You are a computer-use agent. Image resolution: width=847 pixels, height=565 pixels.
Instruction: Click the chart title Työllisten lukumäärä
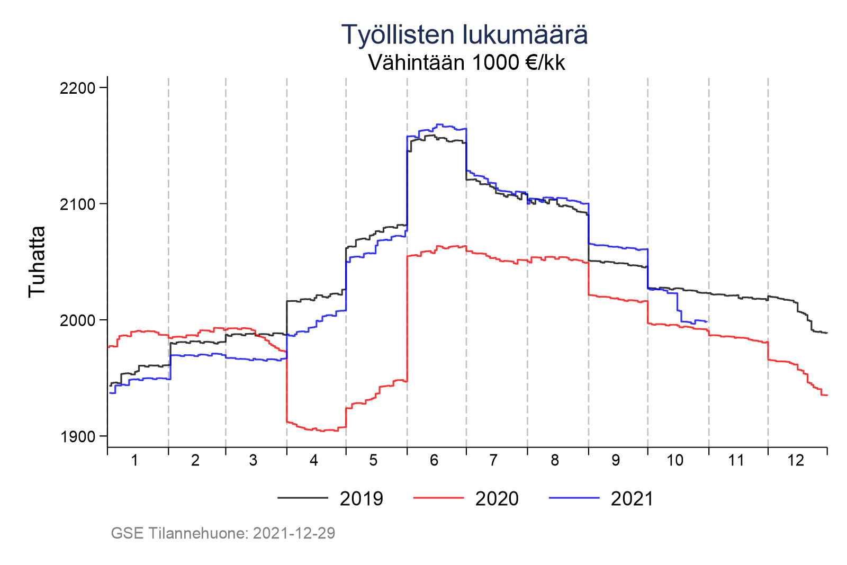point(464,35)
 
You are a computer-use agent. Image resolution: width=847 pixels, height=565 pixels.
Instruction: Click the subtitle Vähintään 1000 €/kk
point(466,63)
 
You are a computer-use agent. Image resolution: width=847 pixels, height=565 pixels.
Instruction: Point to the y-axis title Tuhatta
point(37,262)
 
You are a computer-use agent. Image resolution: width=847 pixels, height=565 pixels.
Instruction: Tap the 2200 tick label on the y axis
point(77,88)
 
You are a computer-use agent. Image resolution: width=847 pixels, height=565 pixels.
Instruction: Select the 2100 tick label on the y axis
point(77,204)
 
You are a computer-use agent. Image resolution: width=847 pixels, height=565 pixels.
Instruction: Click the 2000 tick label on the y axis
point(77,320)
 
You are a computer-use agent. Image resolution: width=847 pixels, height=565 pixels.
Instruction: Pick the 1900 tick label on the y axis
point(77,437)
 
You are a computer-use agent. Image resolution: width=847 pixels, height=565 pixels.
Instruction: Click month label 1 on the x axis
point(134,461)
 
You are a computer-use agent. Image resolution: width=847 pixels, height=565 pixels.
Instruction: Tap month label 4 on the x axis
point(314,461)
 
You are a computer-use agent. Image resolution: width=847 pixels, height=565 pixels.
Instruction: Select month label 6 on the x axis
point(434,461)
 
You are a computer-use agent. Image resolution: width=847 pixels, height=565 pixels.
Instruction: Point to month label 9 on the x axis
point(615,461)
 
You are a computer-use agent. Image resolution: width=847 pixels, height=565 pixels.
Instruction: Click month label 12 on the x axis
point(795,461)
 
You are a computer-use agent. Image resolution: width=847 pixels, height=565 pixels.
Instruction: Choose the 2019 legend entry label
point(362,499)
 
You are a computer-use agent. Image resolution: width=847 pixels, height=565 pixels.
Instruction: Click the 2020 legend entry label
point(497,499)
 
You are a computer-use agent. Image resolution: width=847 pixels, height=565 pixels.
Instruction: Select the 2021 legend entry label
point(632,499)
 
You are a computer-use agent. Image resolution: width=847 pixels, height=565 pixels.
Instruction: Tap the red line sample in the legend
point(438,498)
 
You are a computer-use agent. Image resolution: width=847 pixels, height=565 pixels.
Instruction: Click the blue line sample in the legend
point(574,498)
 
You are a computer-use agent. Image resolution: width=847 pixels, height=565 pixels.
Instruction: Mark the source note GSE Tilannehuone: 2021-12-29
point(223,533)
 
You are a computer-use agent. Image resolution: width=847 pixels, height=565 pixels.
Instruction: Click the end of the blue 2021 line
point(708,321)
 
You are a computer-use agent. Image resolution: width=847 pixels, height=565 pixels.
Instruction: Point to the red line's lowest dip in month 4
point(322,431)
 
